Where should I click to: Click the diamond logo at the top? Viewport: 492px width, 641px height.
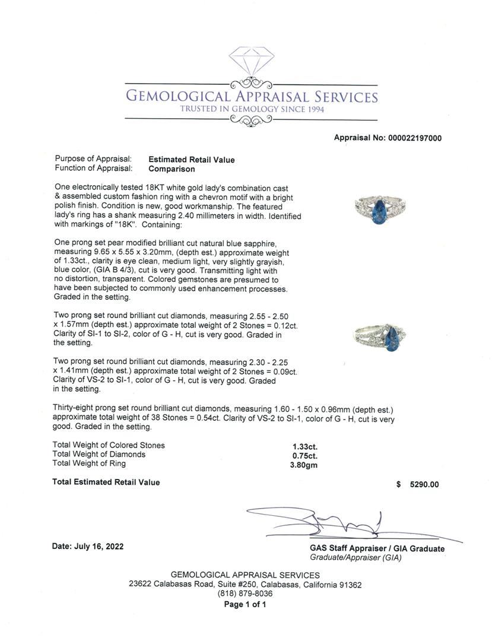[x=252, y=62]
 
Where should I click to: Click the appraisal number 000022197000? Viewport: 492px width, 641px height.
[x=415, y=138]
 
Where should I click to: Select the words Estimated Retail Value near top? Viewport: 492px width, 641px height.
[x=191, y=160]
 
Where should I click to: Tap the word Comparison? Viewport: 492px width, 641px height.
[x=172, y=169]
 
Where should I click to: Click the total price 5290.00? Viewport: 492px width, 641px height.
[x=424, y=484]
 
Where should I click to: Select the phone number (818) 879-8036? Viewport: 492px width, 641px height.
[x=245, y=594]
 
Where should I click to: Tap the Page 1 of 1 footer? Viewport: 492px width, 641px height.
[x=245, y=605]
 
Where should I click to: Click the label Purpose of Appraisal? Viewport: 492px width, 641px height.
[x=93, y=160]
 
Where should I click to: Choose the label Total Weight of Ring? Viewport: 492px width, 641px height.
[x=89, y=464]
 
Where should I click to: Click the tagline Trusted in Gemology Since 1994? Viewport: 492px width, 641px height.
[x=252, y=109]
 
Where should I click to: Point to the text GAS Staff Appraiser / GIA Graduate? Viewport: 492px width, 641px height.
[x=377, y=549]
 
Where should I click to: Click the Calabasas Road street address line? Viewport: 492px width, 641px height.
[x=245, y=584]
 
